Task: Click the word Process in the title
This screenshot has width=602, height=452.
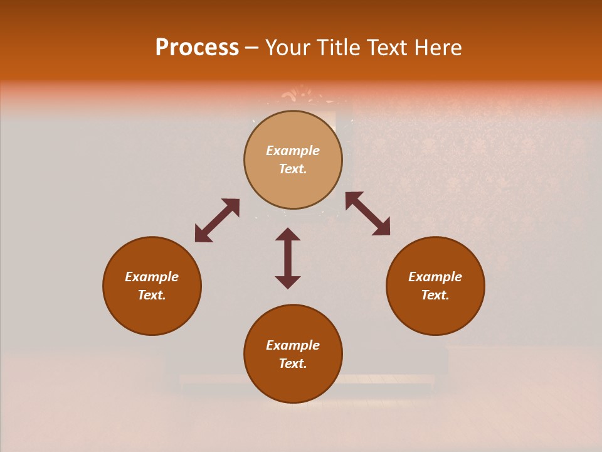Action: pos(197,48)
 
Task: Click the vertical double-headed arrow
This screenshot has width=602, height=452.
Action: pos(288,258)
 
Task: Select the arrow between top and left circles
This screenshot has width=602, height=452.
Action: pos(217,220)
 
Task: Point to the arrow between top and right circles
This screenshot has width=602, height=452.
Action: pos(367,214)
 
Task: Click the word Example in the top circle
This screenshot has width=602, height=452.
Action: pos(293,151)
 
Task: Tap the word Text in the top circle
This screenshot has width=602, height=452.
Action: pos(292,169)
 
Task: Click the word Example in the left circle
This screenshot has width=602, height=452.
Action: pos(152,277)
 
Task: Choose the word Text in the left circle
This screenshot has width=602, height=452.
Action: pos(151,295)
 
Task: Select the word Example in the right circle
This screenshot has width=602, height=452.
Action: pos(435,277)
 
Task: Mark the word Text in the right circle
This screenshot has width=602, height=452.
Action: pos(435,295)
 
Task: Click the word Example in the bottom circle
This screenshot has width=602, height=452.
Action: pos(293,345)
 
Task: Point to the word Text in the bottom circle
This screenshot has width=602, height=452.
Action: pos(292,363)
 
